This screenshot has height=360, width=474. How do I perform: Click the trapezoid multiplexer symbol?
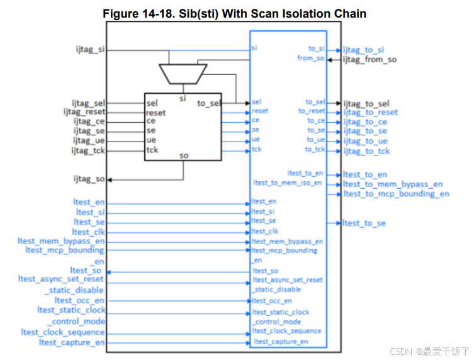[x=183, y=73]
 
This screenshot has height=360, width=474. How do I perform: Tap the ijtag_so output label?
[x=89, y=179]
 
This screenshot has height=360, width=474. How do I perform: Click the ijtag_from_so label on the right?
[x=370, y=60]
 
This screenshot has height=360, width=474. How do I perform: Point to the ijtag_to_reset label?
[x=371, y=113]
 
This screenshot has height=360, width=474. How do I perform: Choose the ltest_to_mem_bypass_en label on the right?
[x=393, y=184]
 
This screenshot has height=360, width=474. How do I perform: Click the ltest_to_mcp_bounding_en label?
[x=396, y=194]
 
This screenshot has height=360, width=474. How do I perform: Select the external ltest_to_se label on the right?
[x=364, y=223]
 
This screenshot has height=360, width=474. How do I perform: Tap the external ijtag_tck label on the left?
[x=87, y=150]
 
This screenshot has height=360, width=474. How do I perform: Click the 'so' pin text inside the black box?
[x=184, y=155]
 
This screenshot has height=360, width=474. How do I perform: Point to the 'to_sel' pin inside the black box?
[x=208, y=103]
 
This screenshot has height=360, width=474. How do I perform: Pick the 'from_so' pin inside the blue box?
[x=311, y=59]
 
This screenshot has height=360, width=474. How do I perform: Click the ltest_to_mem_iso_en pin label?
[x=288, y=183]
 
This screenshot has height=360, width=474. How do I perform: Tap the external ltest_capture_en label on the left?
[x=72, y=342]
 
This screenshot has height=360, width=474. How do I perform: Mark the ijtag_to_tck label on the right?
[x=366, y=151]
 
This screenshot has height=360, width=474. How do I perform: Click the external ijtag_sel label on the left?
[x=87, y=103]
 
